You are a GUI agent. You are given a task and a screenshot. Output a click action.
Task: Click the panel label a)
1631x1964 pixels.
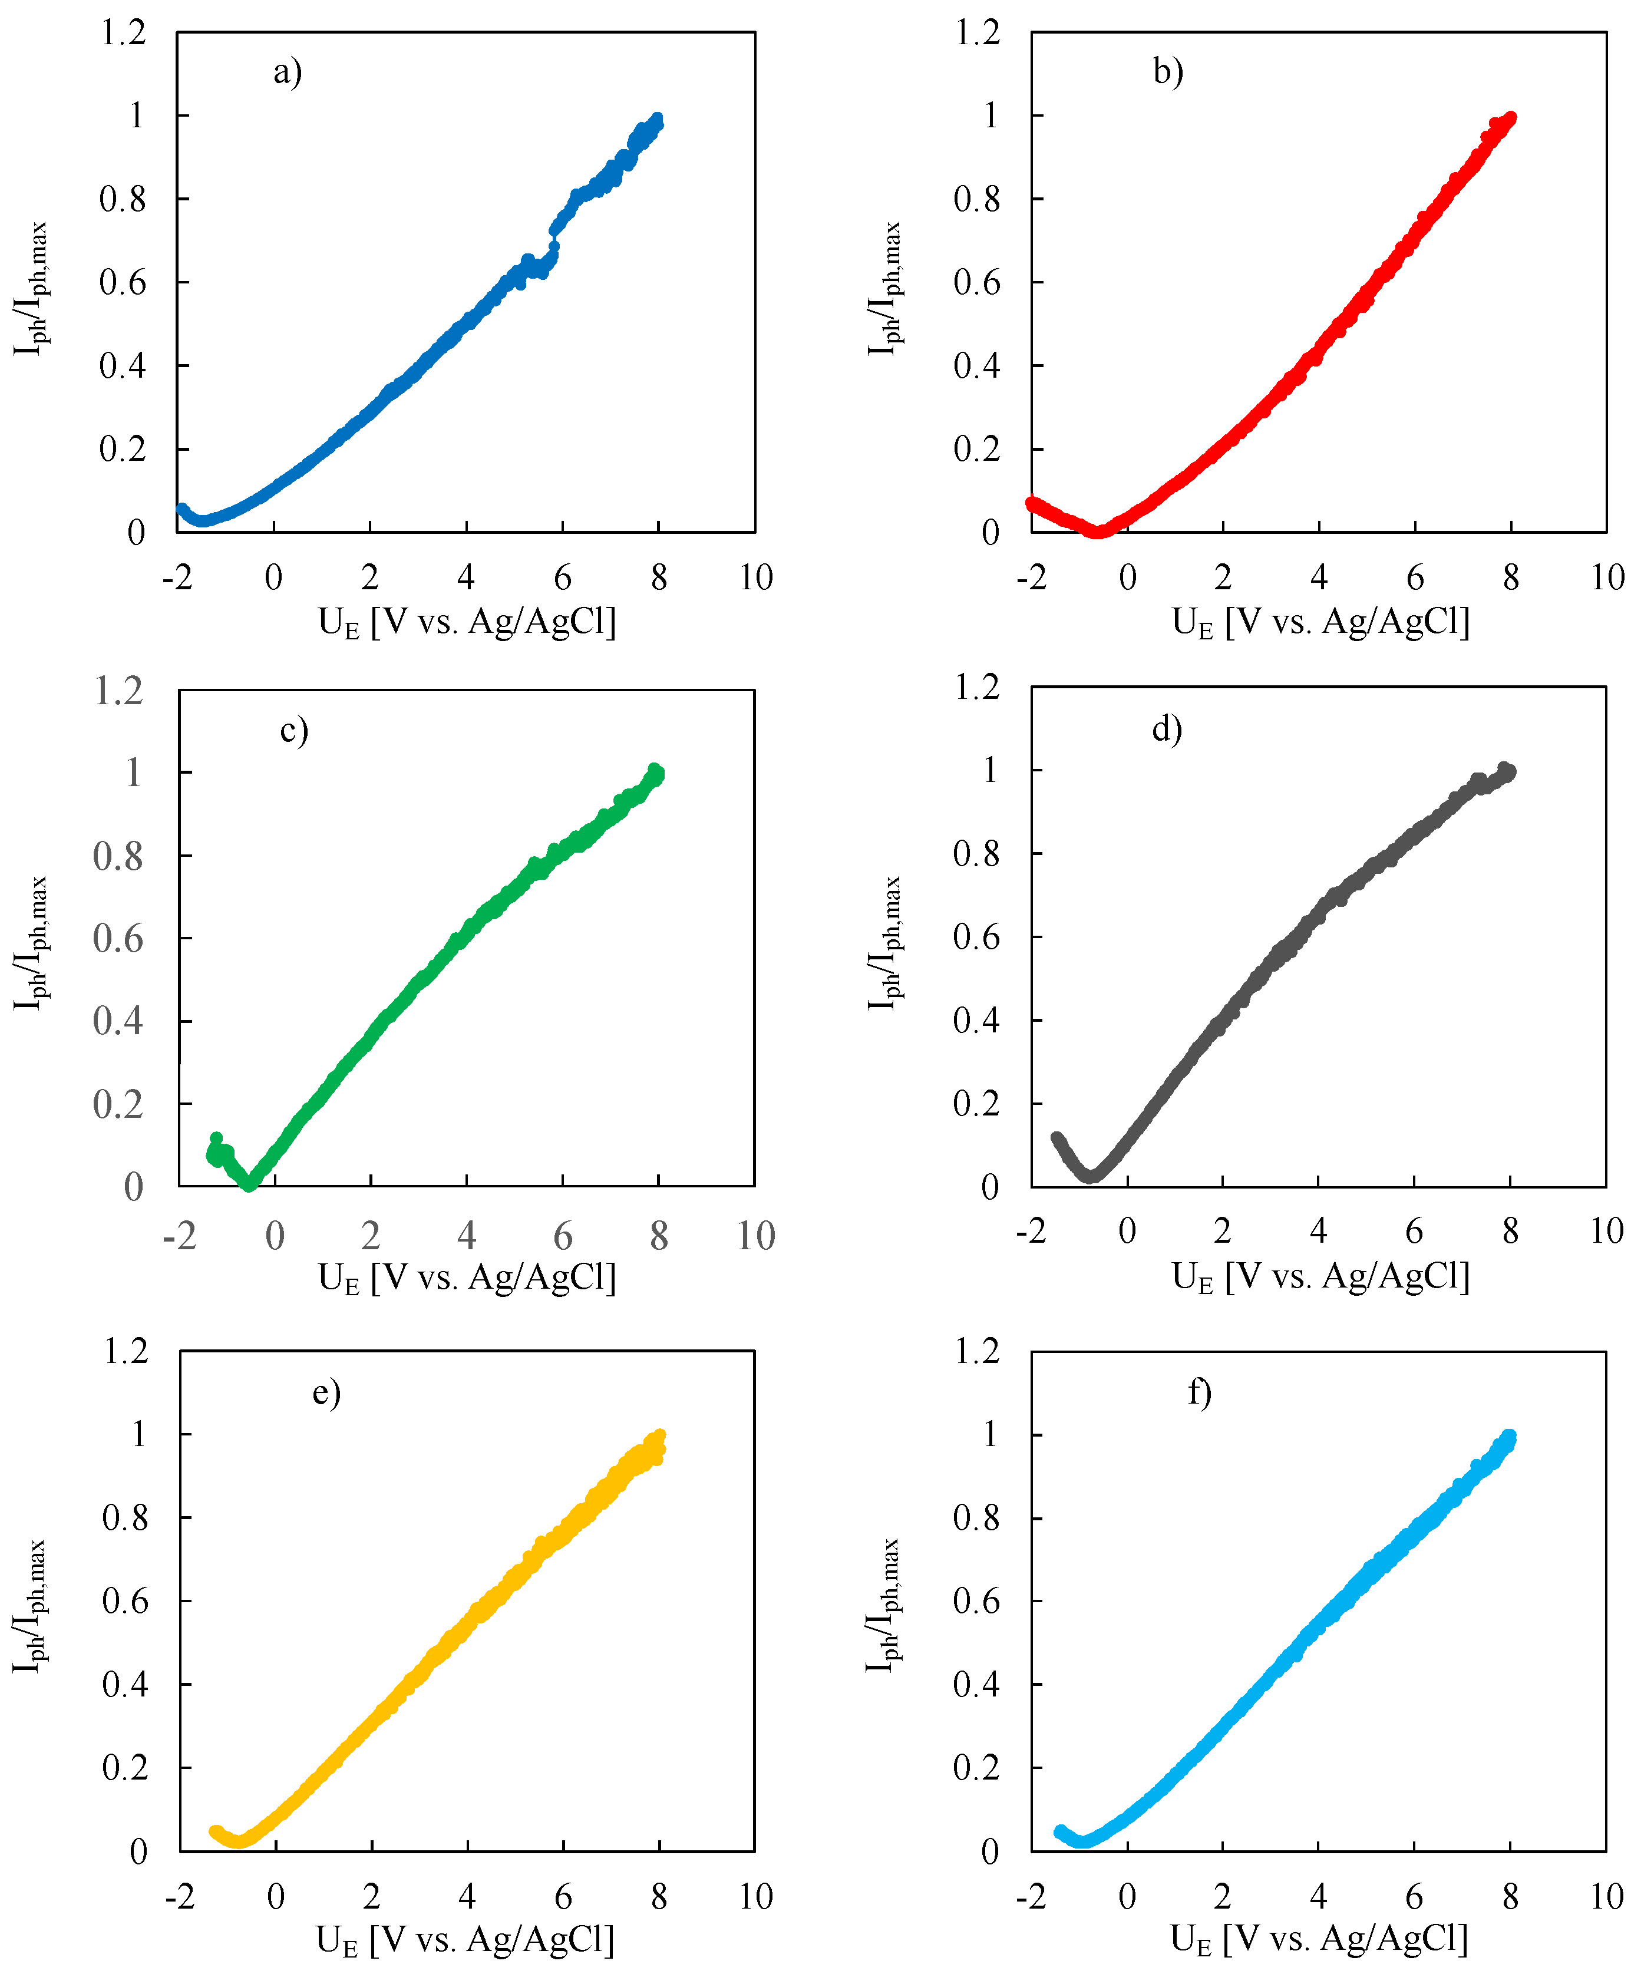click(287, 72)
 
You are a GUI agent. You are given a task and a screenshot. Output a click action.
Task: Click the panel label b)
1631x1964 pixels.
click(1168, 72)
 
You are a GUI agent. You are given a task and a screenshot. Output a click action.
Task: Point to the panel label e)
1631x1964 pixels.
click(326, 1392)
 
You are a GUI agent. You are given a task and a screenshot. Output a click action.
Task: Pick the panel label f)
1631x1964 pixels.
click(1200, 1392)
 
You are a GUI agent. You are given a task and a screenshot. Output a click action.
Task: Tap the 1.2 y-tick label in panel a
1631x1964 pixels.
click(124, 33)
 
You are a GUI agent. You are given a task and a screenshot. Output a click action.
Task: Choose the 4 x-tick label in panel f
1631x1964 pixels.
click(1318, 1897)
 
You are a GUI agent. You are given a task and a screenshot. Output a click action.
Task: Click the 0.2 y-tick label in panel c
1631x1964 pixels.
click(118, 1104)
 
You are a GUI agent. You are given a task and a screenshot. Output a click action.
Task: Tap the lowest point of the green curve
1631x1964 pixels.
click(249, 1185)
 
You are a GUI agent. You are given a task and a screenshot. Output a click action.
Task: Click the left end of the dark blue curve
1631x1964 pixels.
click(182, 509)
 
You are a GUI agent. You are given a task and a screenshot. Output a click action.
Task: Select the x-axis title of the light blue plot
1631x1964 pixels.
click(1319, 1940)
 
